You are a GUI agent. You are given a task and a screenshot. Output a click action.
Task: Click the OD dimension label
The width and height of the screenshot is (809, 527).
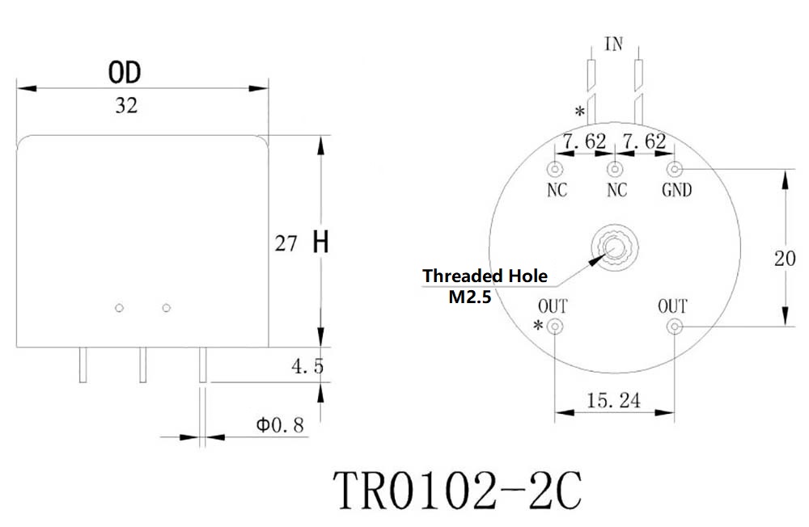pyautogui.click(x=125, y=72)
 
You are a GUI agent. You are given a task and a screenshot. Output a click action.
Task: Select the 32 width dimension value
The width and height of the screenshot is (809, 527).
pyautogui.click(x=126, y=106)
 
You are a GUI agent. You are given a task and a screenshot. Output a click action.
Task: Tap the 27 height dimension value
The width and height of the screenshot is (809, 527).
pyautogui.click(x=286, y=243)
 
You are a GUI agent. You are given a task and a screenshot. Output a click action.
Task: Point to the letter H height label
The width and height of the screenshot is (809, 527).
pyautogui.click(x=320, y=242)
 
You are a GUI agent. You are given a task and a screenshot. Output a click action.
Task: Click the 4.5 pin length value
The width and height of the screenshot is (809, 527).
pyautogui.click(x=308, y=367)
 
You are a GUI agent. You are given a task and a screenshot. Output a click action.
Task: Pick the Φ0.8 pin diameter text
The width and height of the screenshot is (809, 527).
pyautogui.click(x=280, y=425)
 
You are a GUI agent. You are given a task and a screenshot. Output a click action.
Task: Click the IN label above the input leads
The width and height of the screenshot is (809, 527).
pyautogui.click(x=614, y=44)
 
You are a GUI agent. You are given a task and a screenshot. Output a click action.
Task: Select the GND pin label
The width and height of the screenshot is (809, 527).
pyautogui.click(x=676, y=190)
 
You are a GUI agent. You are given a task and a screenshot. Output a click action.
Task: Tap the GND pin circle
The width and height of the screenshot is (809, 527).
pyautogui.click(x=675, y=169)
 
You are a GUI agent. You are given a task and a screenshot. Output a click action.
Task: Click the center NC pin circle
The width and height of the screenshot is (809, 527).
pyautogui.click(x=615, y=169)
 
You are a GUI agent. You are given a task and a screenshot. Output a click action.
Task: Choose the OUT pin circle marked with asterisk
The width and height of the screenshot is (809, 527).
pyautogui.click(x=555, y=327)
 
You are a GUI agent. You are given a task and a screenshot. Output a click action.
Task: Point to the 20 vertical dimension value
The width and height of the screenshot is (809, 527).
pyautogui.click(x=785, y=259)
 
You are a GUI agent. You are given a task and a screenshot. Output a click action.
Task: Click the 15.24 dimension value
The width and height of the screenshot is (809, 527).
pyautogui.click(x=613, y=401)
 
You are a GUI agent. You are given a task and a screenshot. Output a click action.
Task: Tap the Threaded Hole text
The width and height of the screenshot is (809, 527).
pyautogui.click(x=485, y=276)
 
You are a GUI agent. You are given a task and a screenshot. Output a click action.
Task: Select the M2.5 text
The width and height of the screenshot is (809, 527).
pyautogui.click(x=470, y=297)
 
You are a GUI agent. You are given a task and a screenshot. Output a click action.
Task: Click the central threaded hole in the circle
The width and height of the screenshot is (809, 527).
pyautogui.click(x=615, y=247)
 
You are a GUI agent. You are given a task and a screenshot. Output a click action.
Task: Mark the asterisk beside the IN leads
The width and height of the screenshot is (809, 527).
pyautogui.click(x=580, y=112)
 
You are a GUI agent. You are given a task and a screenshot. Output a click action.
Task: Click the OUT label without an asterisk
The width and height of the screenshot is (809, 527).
pyautogui.click(x=672, y=307)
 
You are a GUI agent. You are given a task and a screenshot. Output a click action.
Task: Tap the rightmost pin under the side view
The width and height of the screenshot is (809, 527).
pyautogui.click(x=203, y=365)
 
